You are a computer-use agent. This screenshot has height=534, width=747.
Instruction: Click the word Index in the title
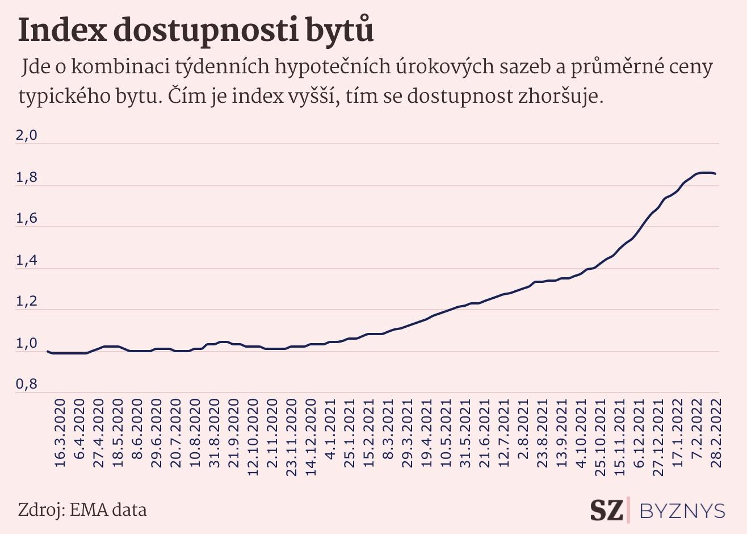pos(62,30)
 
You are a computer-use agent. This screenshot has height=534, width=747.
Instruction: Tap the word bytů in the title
pos(340,30)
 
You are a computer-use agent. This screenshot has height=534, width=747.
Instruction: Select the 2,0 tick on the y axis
pos(26,136)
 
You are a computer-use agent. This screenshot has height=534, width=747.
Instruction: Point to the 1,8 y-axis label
pos(26,178)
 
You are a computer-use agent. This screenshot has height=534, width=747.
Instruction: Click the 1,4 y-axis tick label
pos(26,260)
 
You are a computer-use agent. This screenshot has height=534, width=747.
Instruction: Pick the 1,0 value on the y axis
pos(26,344)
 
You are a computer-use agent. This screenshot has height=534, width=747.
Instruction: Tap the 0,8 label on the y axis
pos(26,385)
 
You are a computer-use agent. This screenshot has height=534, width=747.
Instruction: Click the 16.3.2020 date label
pos(60,432)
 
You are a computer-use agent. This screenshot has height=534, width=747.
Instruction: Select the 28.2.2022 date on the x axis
pos(716,432)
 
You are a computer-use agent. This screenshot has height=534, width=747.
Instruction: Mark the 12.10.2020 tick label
pos(253,436)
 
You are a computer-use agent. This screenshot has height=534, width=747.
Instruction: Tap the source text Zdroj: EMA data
pos(82,510)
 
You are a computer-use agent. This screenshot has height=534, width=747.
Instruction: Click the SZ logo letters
pos(606,510)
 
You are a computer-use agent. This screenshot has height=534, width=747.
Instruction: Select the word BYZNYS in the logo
pos(682,511)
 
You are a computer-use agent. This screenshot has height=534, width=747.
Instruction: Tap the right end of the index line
pos(716,174)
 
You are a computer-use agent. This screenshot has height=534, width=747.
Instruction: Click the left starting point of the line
pos(47,351)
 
